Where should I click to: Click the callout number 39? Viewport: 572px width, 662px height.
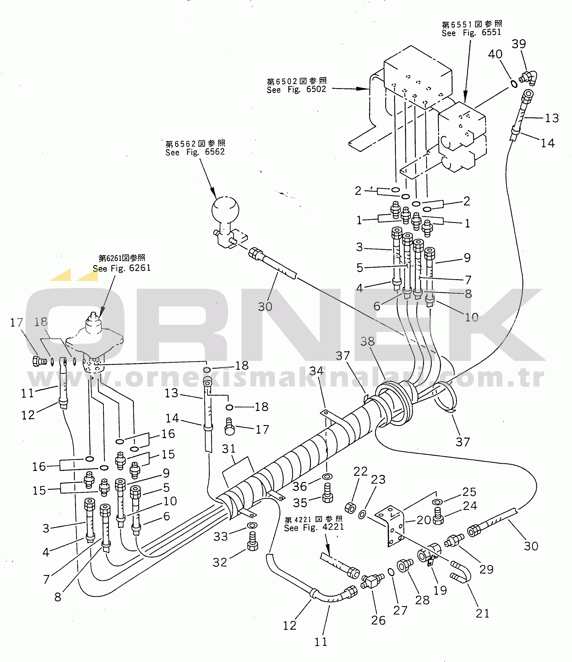click(519, 44)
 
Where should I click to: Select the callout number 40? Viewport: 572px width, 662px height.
click(495, 54)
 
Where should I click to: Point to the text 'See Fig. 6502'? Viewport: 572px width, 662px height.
click(296, 89)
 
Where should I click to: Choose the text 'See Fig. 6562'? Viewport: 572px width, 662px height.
click(195, 152)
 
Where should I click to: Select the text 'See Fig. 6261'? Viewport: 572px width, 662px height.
click(121, 268)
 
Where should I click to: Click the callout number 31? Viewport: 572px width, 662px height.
click(229, 449)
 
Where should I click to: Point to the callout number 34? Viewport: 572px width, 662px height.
click(316, 371)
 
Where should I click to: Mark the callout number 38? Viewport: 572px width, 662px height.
click(367, 342)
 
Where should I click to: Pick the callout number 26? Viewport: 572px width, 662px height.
click(378, 620)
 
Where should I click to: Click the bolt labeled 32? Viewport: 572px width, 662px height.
click(253, 541)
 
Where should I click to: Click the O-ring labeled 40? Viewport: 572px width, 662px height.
click(514, 84)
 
